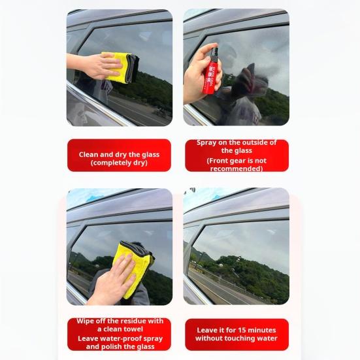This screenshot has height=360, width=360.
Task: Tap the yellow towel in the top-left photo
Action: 120,65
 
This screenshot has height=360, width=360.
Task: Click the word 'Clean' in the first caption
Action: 89,155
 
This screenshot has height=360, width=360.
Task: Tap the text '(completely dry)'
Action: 119,163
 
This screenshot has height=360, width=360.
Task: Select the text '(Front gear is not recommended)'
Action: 237,165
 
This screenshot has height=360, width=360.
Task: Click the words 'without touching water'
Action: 237,338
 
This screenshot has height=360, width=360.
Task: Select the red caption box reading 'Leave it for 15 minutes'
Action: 237,334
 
